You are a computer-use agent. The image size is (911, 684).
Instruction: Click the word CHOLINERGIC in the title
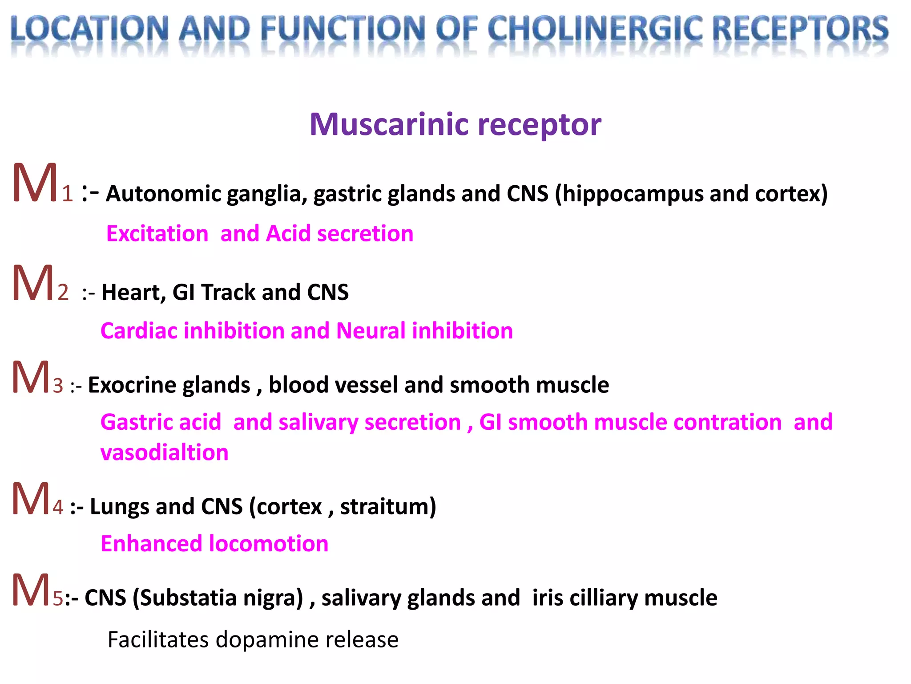596,29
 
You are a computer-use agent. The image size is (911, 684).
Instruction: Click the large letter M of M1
35,183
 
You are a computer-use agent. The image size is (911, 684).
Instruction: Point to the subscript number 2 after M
63,293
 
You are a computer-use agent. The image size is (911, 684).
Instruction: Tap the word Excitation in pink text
157,234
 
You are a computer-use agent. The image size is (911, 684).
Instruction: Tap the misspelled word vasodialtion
164,453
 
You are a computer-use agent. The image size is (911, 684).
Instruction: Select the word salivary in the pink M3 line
318,423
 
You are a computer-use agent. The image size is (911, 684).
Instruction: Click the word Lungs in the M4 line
119,507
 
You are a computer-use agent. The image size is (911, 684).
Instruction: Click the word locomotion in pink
268,544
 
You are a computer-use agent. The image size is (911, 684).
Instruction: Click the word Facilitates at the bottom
158,640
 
